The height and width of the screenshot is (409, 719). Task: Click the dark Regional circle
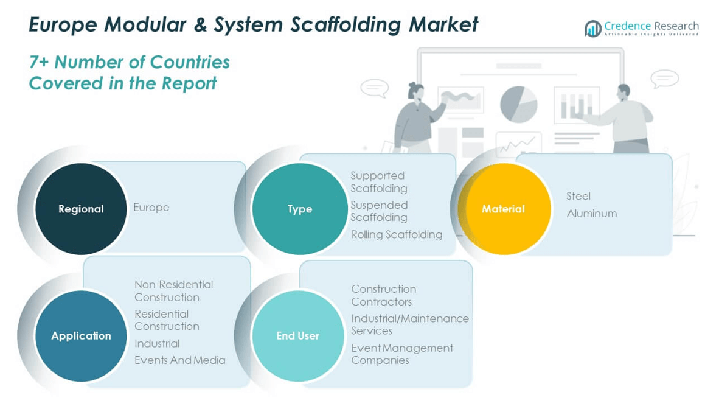(81, 209)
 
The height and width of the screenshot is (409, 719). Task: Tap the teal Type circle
(299, 209)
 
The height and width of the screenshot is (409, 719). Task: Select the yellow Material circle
(504, 209)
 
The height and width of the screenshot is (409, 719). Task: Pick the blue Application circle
(81, 336)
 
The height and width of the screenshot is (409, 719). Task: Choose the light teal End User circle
(297, 336)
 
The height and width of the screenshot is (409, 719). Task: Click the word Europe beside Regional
(151, 208)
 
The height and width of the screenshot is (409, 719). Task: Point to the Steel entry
(578, 196)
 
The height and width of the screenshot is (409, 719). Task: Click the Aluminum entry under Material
(591, 214)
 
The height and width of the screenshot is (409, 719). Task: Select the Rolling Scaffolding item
(396, 234)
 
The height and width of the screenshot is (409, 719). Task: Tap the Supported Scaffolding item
(378, 182)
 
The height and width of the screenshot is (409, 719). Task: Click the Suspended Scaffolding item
(378, 211)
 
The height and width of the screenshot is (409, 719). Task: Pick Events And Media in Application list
(179, 360)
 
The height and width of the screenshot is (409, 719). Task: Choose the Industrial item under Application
(157, 344)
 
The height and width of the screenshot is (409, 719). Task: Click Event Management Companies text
(401, 354)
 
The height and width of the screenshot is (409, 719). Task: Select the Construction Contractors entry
(383, 295)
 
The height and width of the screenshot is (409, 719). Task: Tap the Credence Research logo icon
(592, 28)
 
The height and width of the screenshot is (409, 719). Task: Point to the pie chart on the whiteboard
(518, 103)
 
